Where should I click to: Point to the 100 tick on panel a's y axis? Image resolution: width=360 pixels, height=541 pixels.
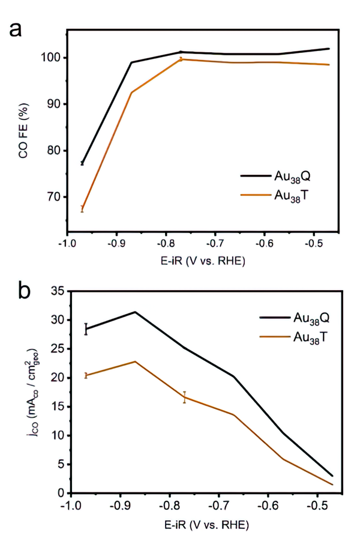click(53, 58)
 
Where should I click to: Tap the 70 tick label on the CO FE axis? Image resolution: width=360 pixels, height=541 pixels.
click(55, 197)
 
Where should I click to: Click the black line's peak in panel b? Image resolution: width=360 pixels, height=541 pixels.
click(135, 312)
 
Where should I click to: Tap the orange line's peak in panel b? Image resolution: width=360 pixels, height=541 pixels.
click(135, 361)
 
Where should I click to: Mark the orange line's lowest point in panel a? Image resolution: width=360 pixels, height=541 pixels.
click(82, 209)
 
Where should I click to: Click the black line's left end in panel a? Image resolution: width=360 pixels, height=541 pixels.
click(82, 163)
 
